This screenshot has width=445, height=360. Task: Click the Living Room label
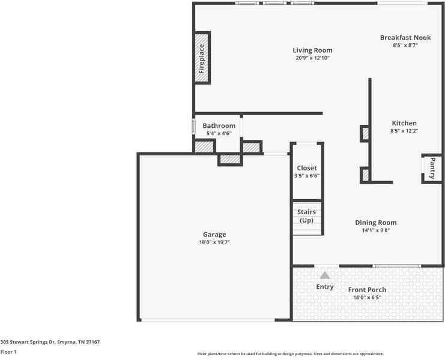(x=312, y=50)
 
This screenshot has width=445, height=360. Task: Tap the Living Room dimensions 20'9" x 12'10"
(x=312, y=58)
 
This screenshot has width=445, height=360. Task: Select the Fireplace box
(x=202, y=59)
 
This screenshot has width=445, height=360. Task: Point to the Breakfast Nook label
(x=405, y=37)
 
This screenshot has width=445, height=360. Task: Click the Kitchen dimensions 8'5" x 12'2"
(x=404, y=131)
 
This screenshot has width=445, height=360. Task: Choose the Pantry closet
(x=432, y=168)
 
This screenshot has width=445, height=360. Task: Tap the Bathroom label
(x=219, y=126)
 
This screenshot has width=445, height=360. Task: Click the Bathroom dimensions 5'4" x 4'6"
(x=219, y=133)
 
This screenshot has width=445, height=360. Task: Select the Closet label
(x=307, y=168)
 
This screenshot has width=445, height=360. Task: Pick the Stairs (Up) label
(x=307, y=216)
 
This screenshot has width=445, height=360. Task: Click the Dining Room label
(x=375, y=223)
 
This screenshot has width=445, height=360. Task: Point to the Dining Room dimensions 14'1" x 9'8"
(x=375, y=230)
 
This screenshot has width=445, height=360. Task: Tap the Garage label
(x=214, y=235)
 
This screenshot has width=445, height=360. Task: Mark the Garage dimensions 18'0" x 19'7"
(x=214, y=242)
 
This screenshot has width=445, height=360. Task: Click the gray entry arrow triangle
(x=325, y=275)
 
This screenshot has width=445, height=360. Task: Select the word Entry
(x=325, y=287)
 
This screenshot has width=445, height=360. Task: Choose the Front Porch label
(x=367, y=290)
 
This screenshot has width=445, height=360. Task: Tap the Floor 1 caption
(x=8, y=352)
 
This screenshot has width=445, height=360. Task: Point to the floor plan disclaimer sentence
(x=291, y=354)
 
